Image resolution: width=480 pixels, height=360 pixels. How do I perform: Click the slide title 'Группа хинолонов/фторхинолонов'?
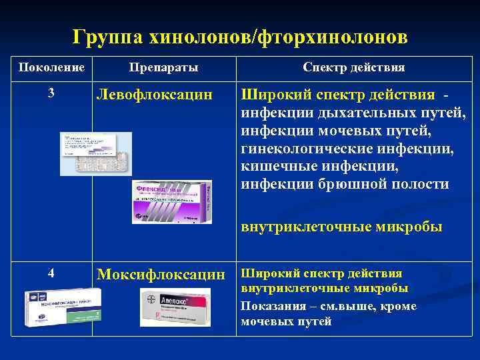240,37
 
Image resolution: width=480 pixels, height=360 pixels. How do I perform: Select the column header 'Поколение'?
51,68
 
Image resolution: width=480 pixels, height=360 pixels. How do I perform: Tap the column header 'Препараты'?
163,68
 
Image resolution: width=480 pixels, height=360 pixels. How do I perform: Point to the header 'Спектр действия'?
353,68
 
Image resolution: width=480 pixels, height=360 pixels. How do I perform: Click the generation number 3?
51,93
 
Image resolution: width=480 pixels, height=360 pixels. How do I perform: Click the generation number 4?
51,273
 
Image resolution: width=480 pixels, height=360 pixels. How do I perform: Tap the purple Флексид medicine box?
171,201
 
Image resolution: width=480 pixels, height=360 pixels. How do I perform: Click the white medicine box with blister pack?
96,153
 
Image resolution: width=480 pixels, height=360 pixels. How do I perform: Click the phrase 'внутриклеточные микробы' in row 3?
341,227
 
